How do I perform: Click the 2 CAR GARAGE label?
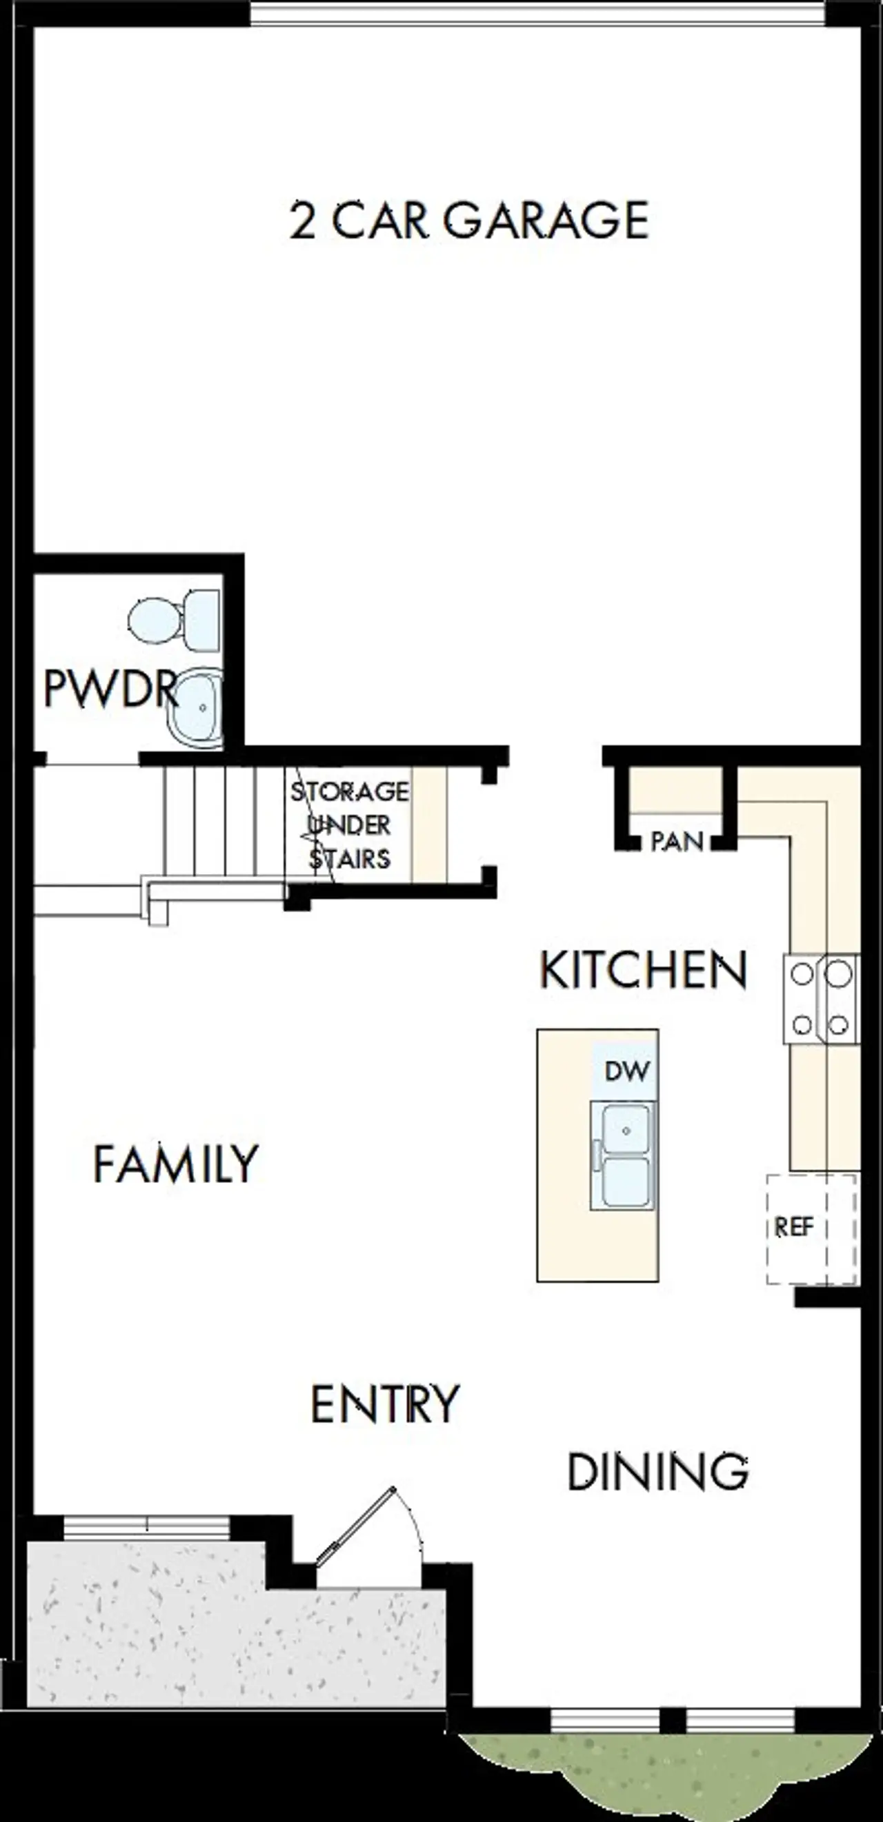click(x=469, y=220)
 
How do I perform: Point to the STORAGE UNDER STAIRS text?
click(x=350, y=824)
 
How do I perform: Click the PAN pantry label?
click(x=677, y=842)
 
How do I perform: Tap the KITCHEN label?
click(x=642, y=970)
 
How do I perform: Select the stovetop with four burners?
click(x=821, y=998)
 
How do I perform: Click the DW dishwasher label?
click(x=627, y=1071)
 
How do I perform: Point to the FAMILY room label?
click(x=175, y=1164)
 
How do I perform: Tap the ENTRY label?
click(x=386, y=1404)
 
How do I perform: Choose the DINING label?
click(x=658, y=1472)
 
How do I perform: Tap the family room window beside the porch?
click(x=147, y=1528)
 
